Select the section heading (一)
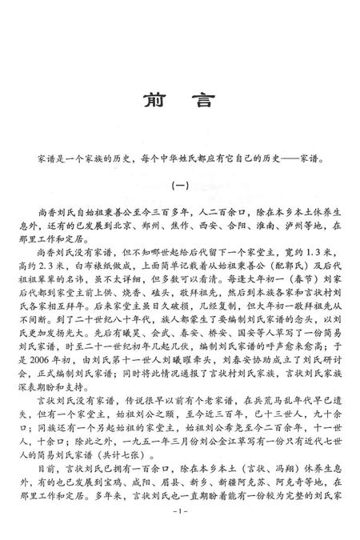tap(180, 185)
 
